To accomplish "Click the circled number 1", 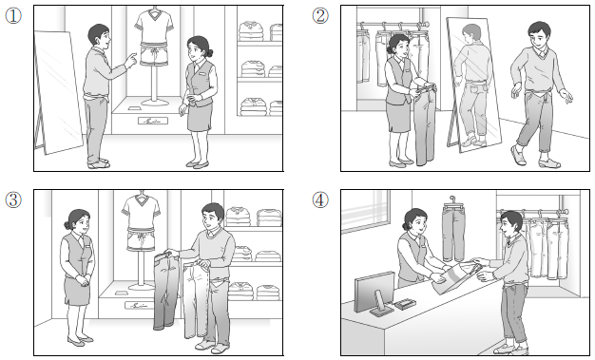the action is click(13, 16).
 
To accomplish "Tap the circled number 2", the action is click(320, 16).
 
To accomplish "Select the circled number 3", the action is click(13, 199).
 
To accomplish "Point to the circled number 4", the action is click(320, 199).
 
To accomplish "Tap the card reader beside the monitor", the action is click(405, 303).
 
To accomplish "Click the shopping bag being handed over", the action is click(455, 278).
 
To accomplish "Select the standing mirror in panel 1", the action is click(57, 92).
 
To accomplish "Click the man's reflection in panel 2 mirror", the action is click(471, 85).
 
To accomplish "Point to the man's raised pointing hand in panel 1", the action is click(131, 60).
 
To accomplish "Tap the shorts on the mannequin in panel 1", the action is click(154, 55).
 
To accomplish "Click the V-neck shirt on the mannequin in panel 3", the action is click(141, 213).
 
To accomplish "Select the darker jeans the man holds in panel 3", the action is click(165, 290).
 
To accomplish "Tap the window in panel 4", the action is click(365, 211).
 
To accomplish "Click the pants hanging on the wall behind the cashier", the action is click(453, 232).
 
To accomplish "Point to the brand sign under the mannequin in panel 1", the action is click(152, 121).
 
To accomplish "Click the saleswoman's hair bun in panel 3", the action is click(67, 225).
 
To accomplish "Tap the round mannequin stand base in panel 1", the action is click(154, 102).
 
